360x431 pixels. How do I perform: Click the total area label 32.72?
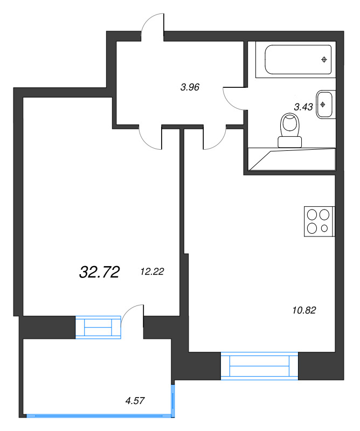pyautogui.click(x=99, y=273)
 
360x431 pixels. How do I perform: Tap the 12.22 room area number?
pyautogui.click(x=151, y=272)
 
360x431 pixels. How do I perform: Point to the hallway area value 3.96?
pyautogui.click(x=190, y=86)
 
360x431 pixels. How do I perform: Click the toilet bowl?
pyautogui.click(x=290, y=126)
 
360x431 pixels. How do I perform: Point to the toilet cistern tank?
pyautogui.click(x=290, y=142)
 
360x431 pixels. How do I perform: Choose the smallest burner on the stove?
pyautogui.click(x=324, y=228)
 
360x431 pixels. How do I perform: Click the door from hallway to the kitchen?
pyautogui.click(x=214, y=138)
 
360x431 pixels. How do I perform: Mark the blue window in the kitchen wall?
pyautogui.click(x=259, y=366)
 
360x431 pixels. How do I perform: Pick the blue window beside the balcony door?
pyautogui.click(x=98, y=328)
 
